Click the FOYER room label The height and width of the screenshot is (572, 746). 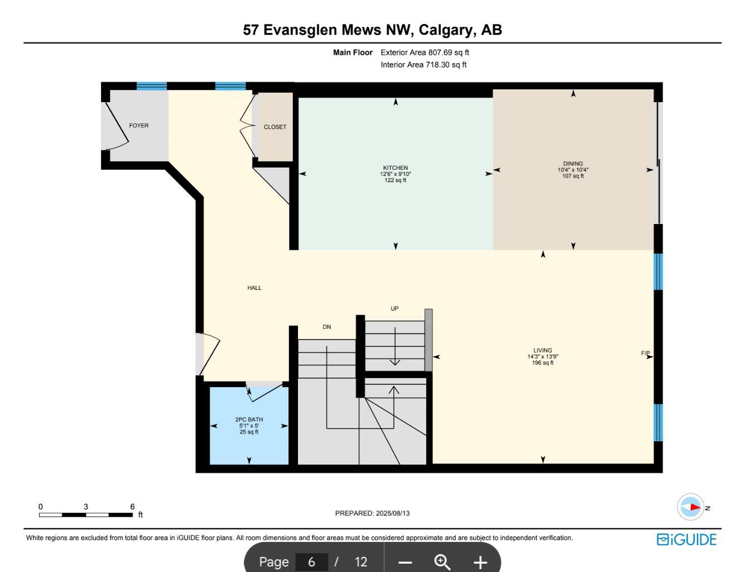point(139,126)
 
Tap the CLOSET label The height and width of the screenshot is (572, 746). point(275,127)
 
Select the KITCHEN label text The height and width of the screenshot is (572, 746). point(395,168)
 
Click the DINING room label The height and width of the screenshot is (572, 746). point(573,164)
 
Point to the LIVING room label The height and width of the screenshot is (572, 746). point(542,351)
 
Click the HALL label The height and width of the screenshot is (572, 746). point(254,288)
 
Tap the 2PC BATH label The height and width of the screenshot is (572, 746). point(249,420)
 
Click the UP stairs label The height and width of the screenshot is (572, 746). point(394,309)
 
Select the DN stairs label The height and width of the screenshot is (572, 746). point(327,327)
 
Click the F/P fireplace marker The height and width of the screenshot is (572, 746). point(645,354)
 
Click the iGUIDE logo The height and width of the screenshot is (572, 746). point(686,540)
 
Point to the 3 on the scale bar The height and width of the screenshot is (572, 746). point(86,507)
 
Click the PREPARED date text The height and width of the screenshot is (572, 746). point(372,513)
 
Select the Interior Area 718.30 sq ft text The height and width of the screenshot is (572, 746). point(423,65)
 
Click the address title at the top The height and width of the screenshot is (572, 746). point(372,30)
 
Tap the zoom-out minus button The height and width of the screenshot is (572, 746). point(406,562)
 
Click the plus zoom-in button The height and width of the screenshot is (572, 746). point(480,562)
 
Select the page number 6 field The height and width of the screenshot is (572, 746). point(311,562)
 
